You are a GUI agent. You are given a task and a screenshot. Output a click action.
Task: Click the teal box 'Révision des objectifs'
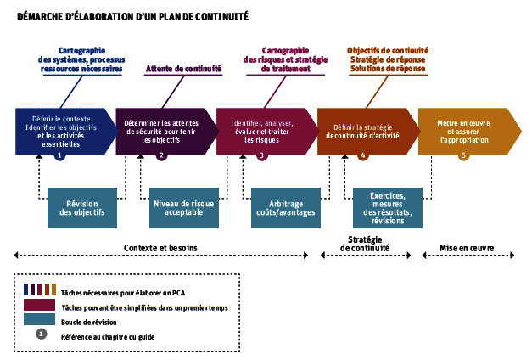[82, 208]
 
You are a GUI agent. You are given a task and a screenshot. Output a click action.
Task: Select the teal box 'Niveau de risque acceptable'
[183, 208]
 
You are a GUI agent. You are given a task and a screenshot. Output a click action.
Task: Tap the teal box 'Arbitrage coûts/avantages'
[286, 208]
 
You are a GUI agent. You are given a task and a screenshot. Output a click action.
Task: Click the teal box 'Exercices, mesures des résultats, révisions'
[387, 208]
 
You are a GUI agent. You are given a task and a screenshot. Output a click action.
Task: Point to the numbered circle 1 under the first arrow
[59, 155]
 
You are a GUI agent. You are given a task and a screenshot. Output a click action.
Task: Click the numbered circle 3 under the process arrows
[261, 155]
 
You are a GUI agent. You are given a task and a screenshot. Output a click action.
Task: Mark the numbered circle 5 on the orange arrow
[463, 155]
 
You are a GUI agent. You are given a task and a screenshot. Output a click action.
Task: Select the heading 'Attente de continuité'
[184, 69]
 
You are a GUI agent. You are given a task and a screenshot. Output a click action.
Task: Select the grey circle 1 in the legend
[41, 335]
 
